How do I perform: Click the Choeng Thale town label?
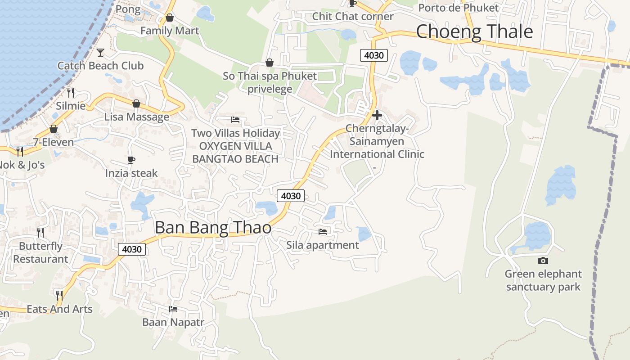click(x=474, y=32)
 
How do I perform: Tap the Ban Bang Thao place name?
click(x=213, y=228)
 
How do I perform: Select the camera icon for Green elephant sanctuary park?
click(x=543, y=261)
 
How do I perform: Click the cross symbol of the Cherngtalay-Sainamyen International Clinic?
click(x=377, y=115)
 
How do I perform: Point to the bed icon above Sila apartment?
click(x=323, y=232)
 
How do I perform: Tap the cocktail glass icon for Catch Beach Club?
click(x=100, y=53)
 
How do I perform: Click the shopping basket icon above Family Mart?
click(x=170, y=18)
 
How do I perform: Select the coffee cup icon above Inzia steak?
click(x=131, y=160)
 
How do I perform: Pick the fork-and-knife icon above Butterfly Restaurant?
click(x=40, y=232)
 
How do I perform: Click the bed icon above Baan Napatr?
click(x=173, y=309)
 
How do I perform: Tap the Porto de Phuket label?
click(x=458, y=8)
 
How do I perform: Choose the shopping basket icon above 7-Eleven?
click(x=54, y=129)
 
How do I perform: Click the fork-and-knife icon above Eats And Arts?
click(x=59, y=295)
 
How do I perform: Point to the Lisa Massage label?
click(x=137, y=117)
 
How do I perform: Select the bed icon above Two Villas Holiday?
click(x=235, y=120)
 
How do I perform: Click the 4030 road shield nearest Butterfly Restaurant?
click(x=132, y=249)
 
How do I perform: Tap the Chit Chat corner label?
click(x=353, y=17)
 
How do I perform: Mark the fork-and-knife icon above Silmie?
click(x=71, y=93)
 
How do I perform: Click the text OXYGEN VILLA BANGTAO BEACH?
click(x=235, y=153)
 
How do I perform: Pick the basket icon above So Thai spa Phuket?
click(x=270, y=63)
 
